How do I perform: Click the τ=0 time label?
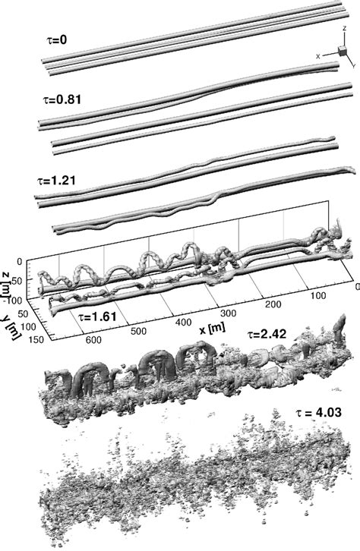coord(57,39)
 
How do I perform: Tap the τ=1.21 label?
coord(56,181)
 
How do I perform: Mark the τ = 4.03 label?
coord(318,412)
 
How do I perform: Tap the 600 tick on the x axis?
coord(94,339)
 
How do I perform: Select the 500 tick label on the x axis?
coord(138,331)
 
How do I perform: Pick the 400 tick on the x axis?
coord(184,322)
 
